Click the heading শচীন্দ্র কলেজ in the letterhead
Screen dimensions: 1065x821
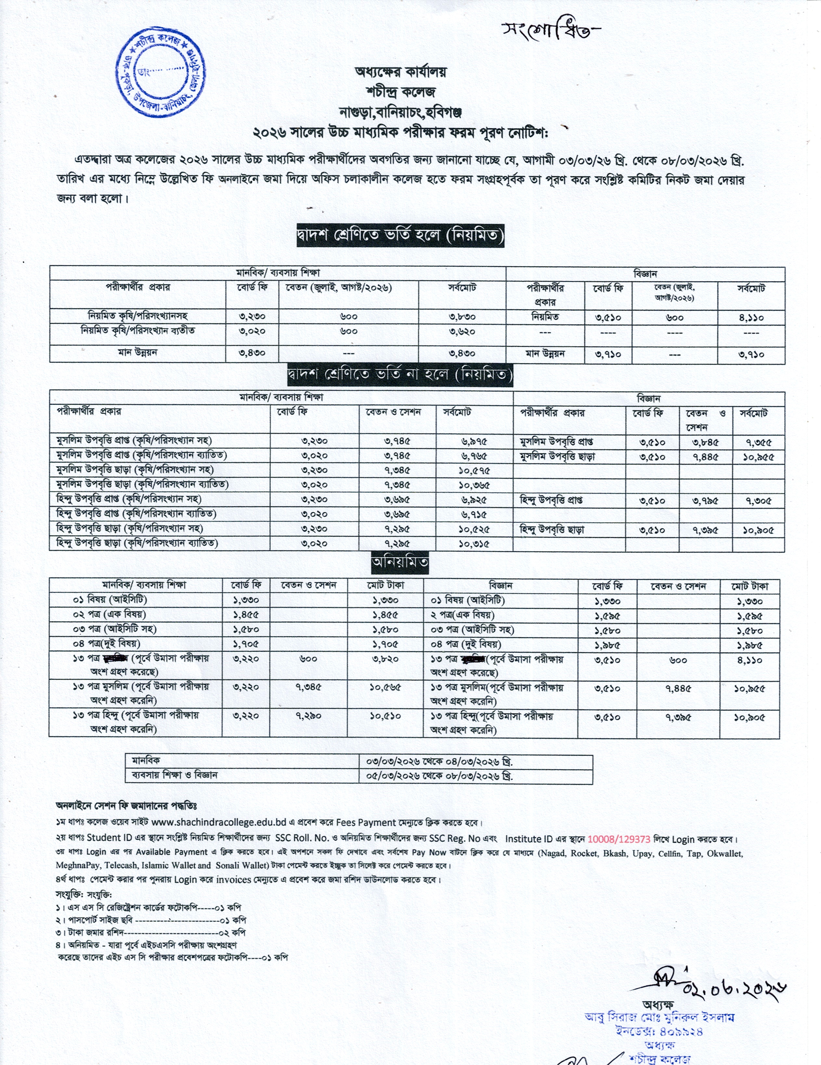pos(400,92)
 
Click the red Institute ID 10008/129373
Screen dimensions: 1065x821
pos(619,839)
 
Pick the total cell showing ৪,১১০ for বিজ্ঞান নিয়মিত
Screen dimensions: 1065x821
pos(751,318)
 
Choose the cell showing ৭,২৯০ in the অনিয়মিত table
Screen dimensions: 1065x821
pos(308,716)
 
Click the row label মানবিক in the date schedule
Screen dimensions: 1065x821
pos(146,760)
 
